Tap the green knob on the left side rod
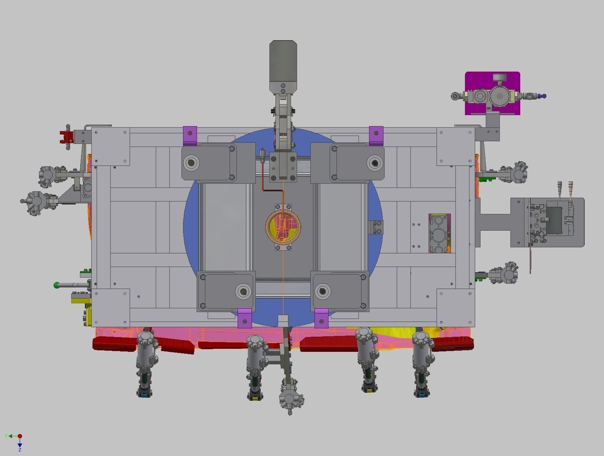pos(56,285)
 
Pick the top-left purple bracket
pos(190,136)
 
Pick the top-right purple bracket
pos(376,136)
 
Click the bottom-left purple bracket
pos(244,318)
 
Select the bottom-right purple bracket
pos(321,318)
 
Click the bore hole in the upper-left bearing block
pos(191,163)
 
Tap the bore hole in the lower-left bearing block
pos(243,291)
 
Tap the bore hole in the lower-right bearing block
pos(322,291)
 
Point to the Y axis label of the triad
pos(6,436)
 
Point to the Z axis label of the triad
pos(20,449)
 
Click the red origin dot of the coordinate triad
pos(20,436)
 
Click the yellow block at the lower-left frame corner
pos(80,299)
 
